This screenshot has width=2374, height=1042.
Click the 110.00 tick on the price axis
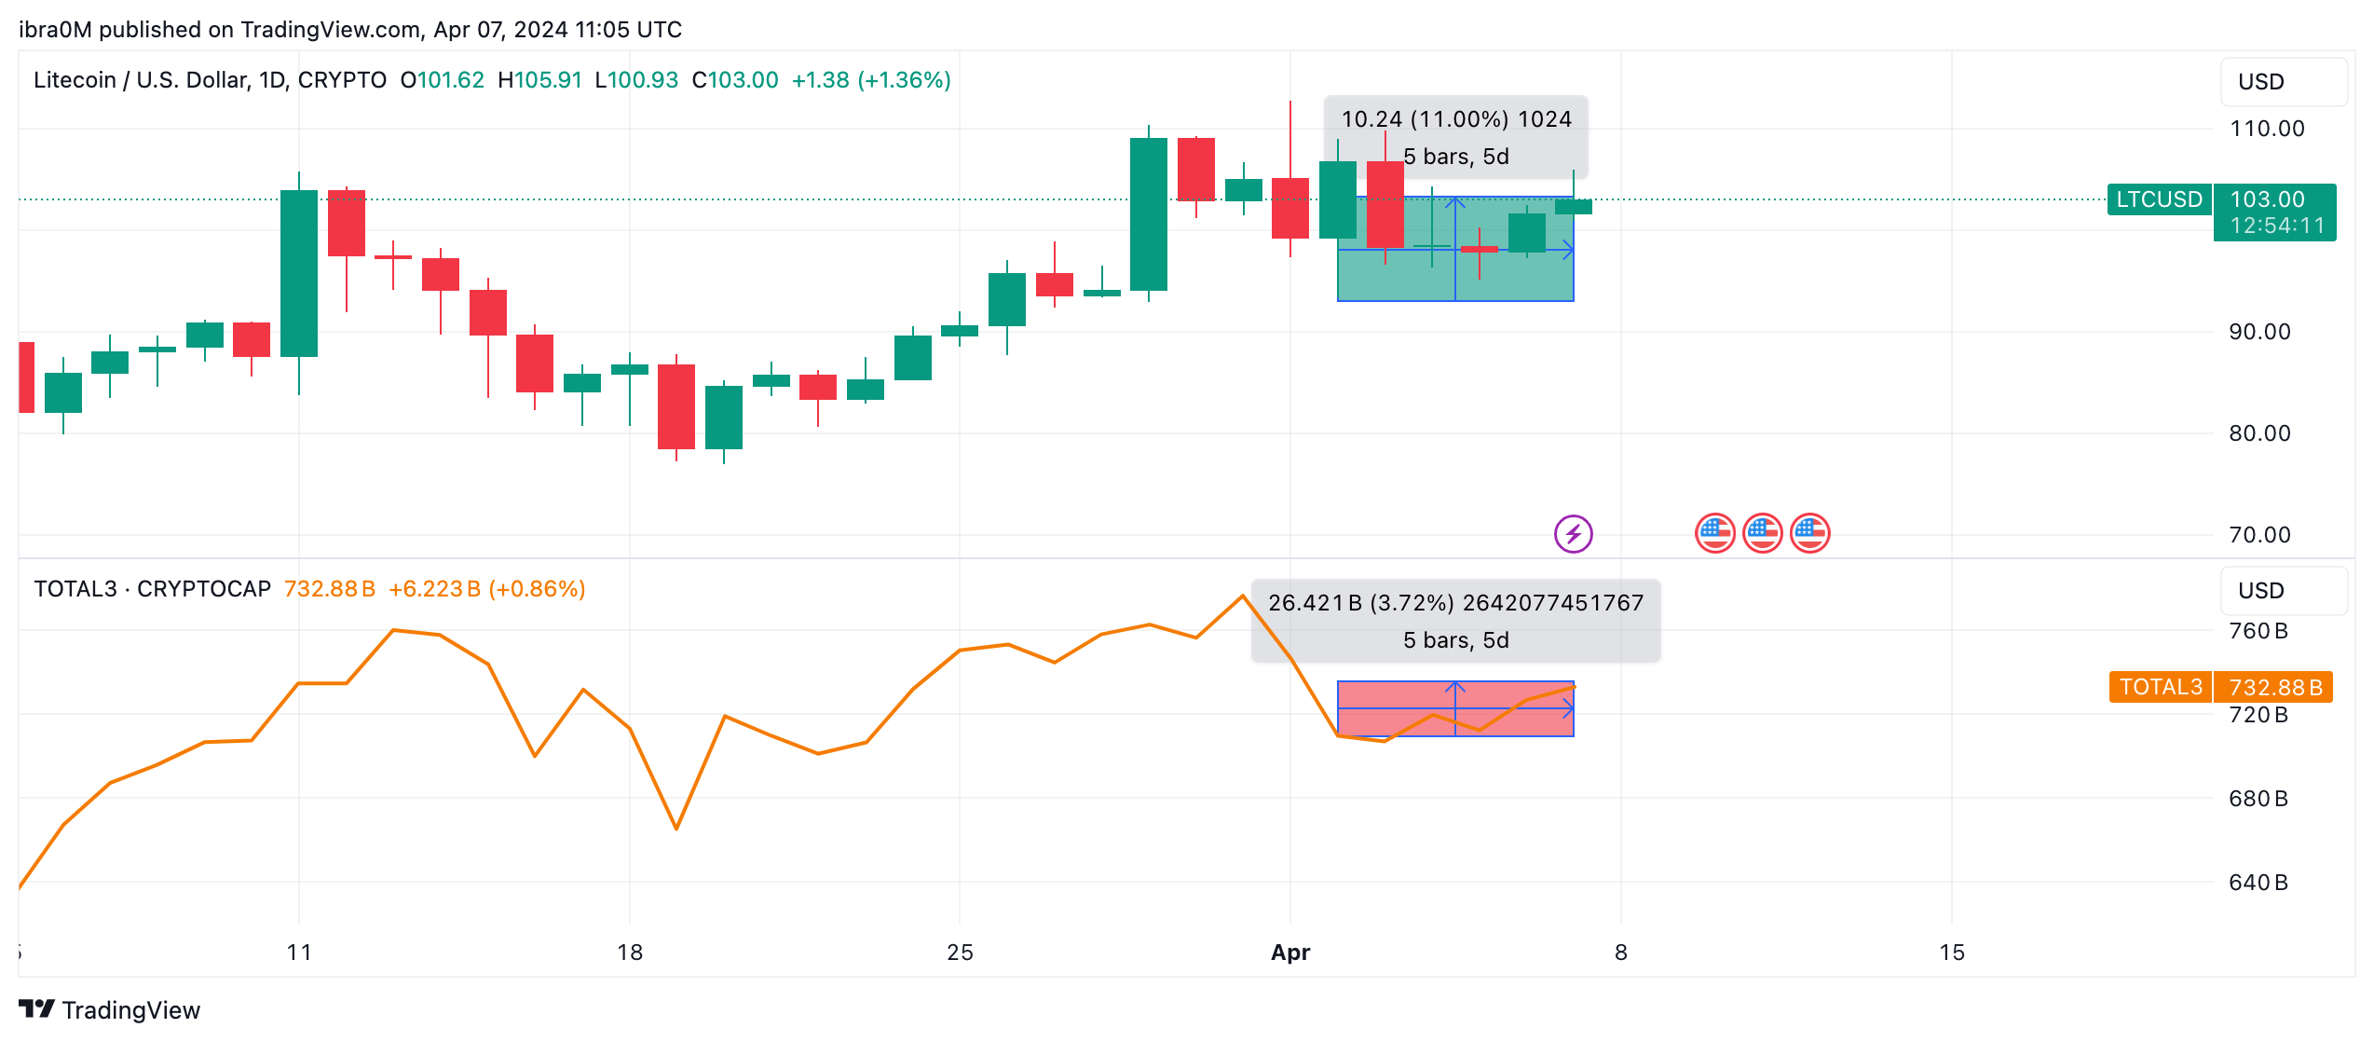point(2266,129)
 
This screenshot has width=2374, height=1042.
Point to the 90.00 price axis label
point(2258,332)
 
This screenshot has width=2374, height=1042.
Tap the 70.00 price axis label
point(2258,535)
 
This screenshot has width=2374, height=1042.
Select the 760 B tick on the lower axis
point(2258,631)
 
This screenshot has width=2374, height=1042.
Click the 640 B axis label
point(2258,883)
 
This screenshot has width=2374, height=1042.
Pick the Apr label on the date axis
point(1290,953)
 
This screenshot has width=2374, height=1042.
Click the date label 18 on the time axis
point(630,953)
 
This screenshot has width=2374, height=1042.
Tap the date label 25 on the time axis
point(960,953)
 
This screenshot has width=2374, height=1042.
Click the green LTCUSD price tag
point(2159,199)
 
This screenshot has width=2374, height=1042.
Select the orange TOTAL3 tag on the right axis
point(2160,687)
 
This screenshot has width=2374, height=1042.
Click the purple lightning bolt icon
point(1573,534)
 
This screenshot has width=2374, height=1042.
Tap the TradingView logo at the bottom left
point(110,1010)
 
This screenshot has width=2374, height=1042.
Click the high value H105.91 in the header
point(539,80)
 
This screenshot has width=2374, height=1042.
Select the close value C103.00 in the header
point(734,80)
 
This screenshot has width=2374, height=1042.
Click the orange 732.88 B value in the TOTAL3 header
point(329,589)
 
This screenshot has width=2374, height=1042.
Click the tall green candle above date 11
point(299,273)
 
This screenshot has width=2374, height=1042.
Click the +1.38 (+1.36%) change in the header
point(871,80)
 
